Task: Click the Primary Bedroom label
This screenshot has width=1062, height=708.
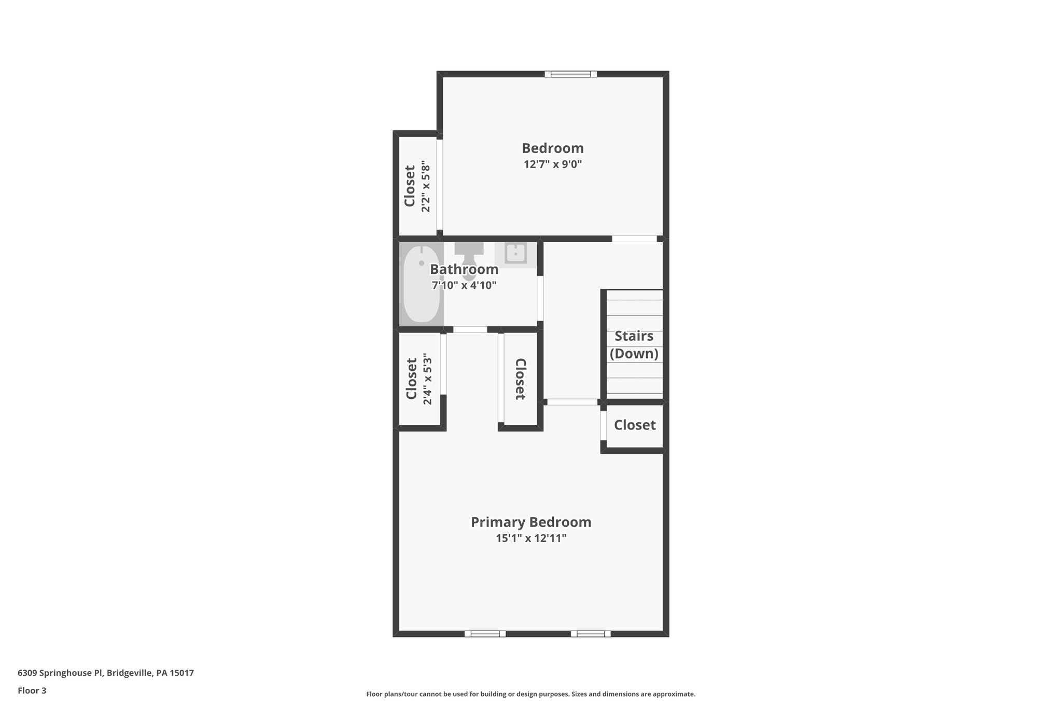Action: click(530, 522)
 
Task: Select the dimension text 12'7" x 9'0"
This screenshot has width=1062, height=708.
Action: click(552, 164)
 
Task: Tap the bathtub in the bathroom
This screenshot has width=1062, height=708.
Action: click(422, 284)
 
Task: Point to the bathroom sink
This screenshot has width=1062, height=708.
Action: click(514, 254)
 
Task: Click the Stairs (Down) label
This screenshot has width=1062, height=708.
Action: click(634, 344)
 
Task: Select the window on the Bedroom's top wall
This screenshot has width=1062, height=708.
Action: click(570, 74)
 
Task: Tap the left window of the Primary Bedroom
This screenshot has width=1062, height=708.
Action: click(485, 633)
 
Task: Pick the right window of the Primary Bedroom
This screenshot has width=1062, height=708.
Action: click(591, 633)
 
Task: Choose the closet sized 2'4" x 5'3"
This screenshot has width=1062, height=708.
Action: click(418, 379)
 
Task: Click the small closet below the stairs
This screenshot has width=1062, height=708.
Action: click(635, 425)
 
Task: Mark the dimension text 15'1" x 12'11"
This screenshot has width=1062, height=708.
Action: click(530, 538)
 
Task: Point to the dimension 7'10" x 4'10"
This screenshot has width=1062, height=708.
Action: click(464, 285)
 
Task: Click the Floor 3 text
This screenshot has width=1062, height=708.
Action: click(32, 690)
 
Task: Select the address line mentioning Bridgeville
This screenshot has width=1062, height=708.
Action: click(106, 673)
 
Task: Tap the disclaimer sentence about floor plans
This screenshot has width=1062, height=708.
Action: click(530, 694)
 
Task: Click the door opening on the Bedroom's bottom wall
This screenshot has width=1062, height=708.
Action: click(634, 239)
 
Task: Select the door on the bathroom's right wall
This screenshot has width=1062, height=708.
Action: click(540, 298)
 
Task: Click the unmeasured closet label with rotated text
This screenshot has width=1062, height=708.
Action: click(521, 379)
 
